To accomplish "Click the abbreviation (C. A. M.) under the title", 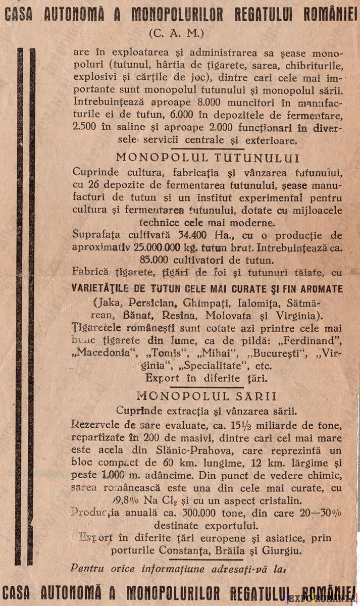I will (x=176, y=33).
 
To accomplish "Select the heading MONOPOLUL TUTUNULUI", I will (x=208, y=159).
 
